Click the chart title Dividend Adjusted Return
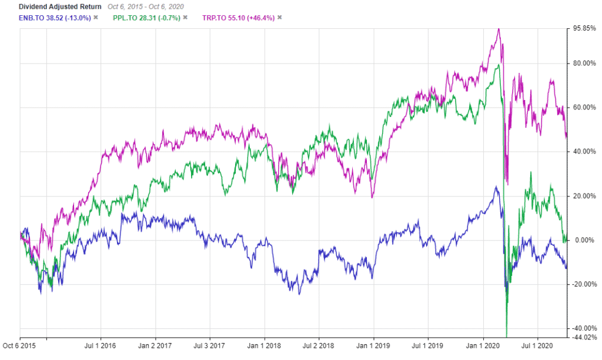pos(52,6)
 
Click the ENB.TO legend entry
pos(46,18)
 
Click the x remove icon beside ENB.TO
pos(96,18)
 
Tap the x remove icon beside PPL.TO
pos(185,18)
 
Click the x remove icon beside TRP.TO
pos(280,18)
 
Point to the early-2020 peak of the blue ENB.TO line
pos(496,188)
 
